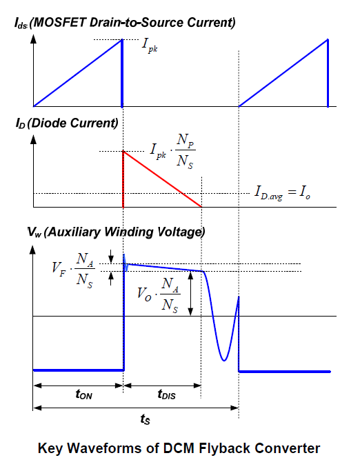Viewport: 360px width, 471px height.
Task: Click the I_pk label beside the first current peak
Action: pos(150,46)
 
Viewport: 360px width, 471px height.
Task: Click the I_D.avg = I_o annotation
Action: pos(283,192)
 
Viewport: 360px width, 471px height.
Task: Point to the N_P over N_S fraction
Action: pos(185,151)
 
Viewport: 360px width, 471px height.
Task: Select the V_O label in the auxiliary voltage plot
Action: pos(144,294)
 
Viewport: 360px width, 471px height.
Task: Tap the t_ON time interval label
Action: pos(84,394)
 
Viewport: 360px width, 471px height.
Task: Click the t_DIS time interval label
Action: pos(166,394)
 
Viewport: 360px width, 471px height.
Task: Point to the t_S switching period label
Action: pos(145,419)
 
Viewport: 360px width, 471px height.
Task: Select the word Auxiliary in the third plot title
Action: pos(73,232)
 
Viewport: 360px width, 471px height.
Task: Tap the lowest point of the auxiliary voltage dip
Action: pos(223,360)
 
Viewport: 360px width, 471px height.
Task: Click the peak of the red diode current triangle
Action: pos(123,152)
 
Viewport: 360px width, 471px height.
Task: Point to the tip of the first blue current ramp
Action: pos(121,39)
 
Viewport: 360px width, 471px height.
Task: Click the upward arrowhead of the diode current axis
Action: pos(34,139)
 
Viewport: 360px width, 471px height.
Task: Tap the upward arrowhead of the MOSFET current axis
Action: pos(34,39)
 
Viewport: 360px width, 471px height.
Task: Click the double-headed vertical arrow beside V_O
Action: pos(190,294)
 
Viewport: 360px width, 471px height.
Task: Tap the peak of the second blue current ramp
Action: pos(328,39)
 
